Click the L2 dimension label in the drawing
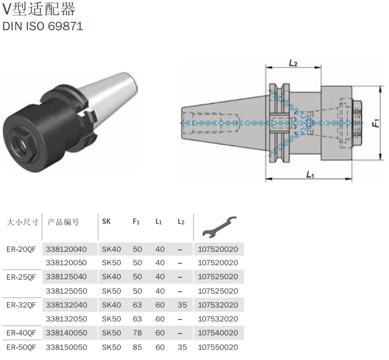click(x=293, y=63)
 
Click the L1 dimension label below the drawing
click(x=310, y=175)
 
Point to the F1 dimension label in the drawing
click(x=376, y=123)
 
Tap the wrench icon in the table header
click(x=219, y=227)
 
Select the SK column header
click(x=106, y=221)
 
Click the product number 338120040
click(x=66, y=249)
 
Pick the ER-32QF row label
click(x=21, y=305)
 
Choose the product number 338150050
click(x=66, y=347)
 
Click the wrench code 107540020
click(x=218, y=333)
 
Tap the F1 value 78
click(x=137, y=333)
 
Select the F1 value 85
click(x=137, y=347)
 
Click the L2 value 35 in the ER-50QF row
click(x=182, y=347)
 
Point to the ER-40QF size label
click(x=21, y=333)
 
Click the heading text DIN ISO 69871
click(x=43, y=26)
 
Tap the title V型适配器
click(x=39, y=9)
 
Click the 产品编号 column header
click(x=63, y=222)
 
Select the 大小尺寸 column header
click(x=23, y=222)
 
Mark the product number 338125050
click(x=66, y=291)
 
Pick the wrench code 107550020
click(x=218, y=347)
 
